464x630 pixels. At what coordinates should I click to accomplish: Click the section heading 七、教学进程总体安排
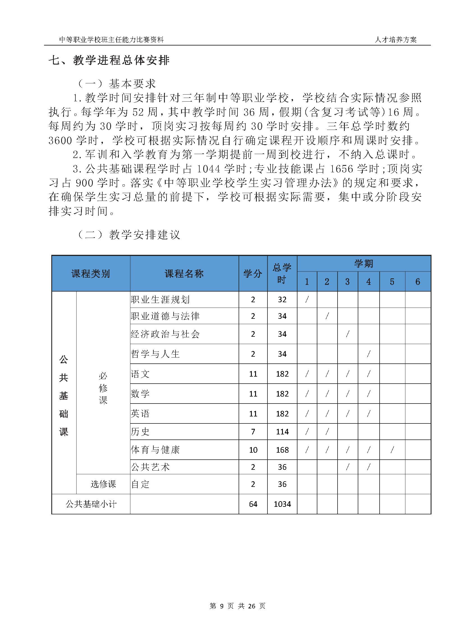click(x=109, y=60)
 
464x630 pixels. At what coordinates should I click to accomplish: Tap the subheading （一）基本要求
click(x=116, y=84)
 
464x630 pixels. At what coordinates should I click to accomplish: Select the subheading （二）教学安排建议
click(x=128, y=234)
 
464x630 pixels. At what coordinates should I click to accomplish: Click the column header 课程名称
click(x=184, y=274)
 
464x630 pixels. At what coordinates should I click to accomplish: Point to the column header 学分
click(x=253, y=274)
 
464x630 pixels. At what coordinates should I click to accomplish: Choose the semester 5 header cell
click(x=392, y=281)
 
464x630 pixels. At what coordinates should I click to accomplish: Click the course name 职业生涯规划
click(x=160, y=300)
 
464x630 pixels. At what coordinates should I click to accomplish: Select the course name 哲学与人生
click(x=155, y=354)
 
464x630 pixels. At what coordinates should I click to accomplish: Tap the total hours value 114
click(x=282, y=432)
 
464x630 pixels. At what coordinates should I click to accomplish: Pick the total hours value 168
click(x=282, y=450)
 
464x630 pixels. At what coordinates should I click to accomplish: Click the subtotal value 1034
click(x=282, y=504)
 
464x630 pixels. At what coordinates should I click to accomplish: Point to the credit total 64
click(x=253, y=504)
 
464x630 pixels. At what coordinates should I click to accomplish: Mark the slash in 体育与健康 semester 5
click(x=392, y=450)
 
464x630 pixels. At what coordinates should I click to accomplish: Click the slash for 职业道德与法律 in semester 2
click(x=327, y=316)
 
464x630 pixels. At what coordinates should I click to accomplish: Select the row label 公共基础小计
click(x=91, y=504)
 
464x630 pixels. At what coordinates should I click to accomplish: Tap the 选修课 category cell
click(x=103, y=484)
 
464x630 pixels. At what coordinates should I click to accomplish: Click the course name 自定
click(x=140, y=484)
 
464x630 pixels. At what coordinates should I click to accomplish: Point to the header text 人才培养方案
click(x=396, y=40)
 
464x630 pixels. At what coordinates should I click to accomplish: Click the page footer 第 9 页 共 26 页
click(x=237, y=606)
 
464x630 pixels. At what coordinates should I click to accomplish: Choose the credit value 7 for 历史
click(x=253, y=432)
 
